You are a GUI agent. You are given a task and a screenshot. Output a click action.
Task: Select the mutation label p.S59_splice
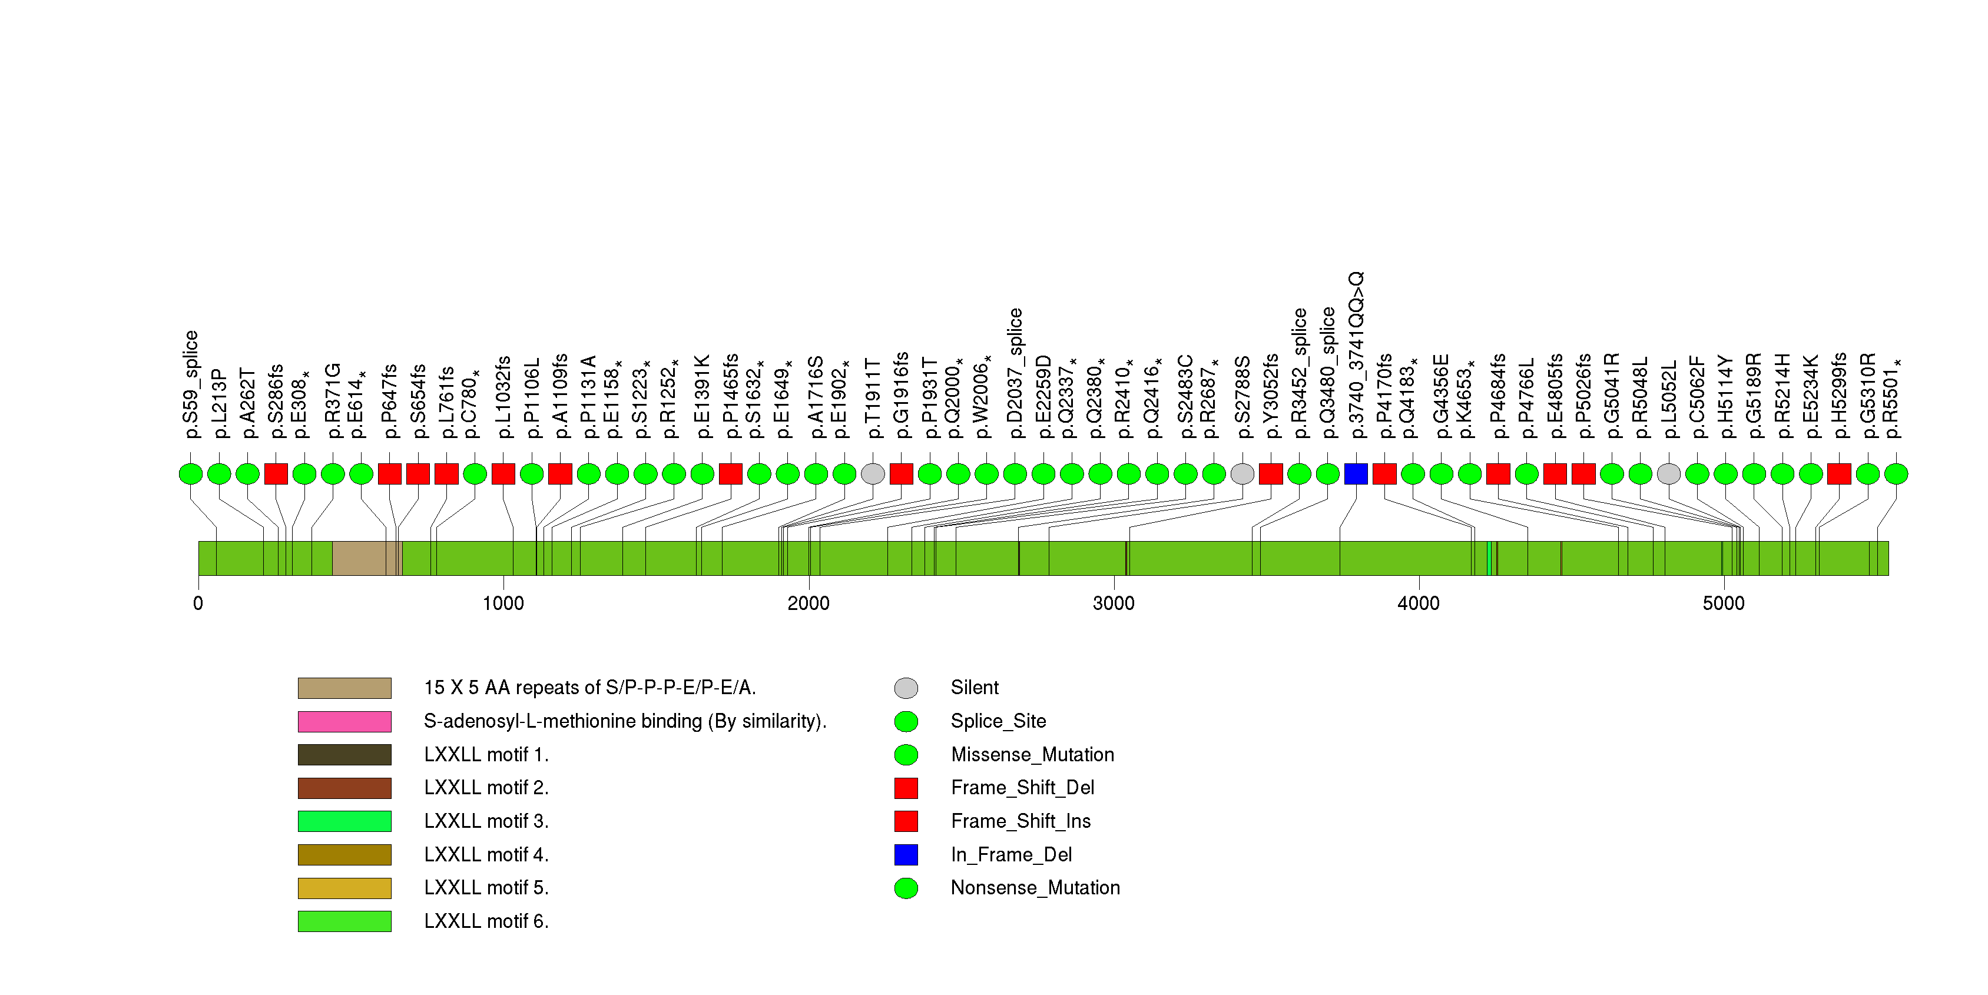click(191, 384)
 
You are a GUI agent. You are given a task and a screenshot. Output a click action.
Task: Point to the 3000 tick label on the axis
click(1113, 603)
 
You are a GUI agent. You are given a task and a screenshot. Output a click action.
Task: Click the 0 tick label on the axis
click(198, 603)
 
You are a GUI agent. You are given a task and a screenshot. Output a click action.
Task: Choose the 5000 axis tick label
click(1722, 603)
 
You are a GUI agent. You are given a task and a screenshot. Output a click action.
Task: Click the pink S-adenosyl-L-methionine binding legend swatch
click(344, 721)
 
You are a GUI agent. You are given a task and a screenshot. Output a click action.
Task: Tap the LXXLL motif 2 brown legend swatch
click(344, 788)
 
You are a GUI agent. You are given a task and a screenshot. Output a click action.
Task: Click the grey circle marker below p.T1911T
click(872, 473)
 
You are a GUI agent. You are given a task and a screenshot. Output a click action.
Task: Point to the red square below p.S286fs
click(276, 473)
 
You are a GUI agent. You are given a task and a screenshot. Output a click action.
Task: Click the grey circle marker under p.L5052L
click(1668, 473)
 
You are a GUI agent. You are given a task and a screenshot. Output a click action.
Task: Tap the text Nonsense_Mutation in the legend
click(1035, 888)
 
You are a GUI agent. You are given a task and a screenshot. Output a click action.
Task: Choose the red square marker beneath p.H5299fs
click(1839, 473)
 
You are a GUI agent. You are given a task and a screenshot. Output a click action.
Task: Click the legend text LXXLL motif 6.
click(486, 921)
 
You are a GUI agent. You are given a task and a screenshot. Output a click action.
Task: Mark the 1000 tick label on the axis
click(503, 603)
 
